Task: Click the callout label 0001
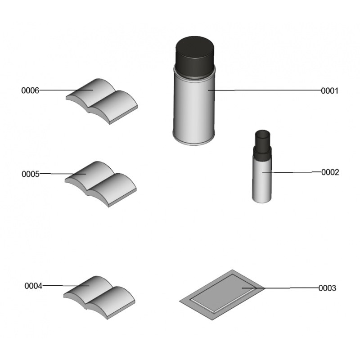[x=329, y=91]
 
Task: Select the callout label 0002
[x=330, y=172]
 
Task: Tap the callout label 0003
[x=327, y=288]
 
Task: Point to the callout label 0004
[x=33, y=286]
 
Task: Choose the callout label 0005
[x=31, y=174]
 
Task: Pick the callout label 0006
[x=30, y=90]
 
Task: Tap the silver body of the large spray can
[x=194, y=108]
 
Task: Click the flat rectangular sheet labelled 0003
[x=222, y=295]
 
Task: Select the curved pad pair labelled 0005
[x=100, y=184]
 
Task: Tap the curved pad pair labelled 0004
[x=99, y=297]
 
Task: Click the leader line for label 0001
[x=265, y=90]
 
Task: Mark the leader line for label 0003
[x=280, y=288]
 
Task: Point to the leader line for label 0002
[x=292, y=172]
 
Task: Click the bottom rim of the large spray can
[x=193, y=141]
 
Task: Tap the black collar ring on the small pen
[x=262, y=153]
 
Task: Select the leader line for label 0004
[x=66, y=286]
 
